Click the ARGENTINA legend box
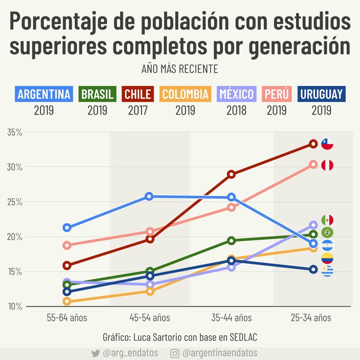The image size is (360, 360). [44, 94]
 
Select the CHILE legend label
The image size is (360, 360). [137, 94]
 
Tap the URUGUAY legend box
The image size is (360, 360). [321, 94]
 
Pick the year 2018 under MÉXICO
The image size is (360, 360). [236, 110]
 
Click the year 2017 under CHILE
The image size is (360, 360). [137, 110]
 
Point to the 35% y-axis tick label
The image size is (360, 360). [15, 132]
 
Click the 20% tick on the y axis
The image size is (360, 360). [15, 237]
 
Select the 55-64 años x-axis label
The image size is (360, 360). [67, 318]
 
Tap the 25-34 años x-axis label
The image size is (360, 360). [311, 318]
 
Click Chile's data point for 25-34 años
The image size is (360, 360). [313, 144]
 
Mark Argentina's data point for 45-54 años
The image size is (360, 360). [149, 196]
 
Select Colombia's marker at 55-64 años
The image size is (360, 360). [67, 301]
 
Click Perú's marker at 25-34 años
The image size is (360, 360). [313, 164]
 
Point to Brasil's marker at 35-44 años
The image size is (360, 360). [231, 241]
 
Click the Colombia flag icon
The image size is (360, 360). [327, 258]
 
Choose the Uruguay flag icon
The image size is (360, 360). [327, 271]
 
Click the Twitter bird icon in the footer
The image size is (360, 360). [96, 353]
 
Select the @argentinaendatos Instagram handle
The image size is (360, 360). [220, 353]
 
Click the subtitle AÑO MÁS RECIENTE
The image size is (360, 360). [180, 69]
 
